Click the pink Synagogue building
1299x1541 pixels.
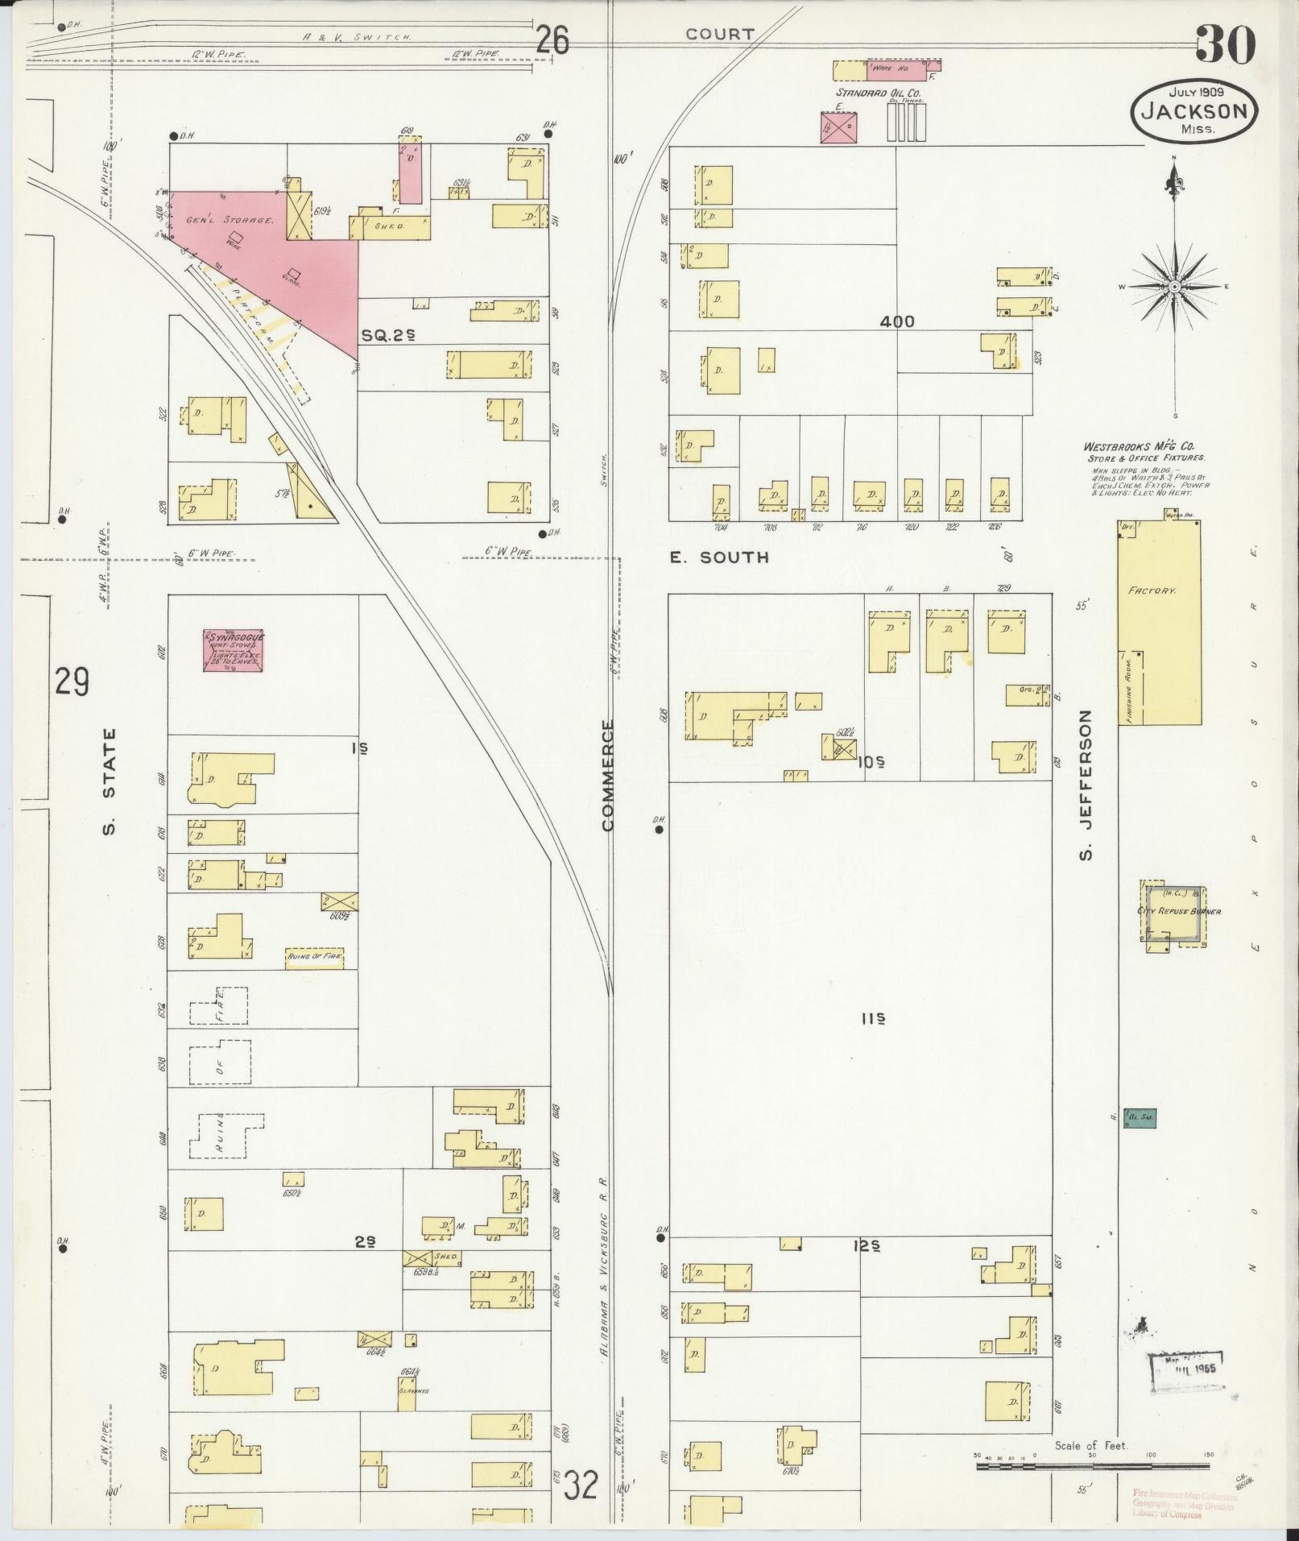click(234, 649)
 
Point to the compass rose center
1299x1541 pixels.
click(1174, 287)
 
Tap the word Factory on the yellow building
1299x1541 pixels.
click(1152, 590)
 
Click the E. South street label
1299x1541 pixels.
click(719, 557)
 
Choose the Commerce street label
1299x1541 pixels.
click(608, 775)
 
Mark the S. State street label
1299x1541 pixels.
click(110, 781)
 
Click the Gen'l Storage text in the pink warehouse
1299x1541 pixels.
click(230, 220)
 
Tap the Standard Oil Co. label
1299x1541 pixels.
click(879, 93)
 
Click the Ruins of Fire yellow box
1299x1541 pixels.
click(314, 956)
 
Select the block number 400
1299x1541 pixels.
click(896, 321)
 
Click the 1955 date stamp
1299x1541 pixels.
click(1186, 1368)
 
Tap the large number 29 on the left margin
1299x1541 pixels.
click(72, 682)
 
